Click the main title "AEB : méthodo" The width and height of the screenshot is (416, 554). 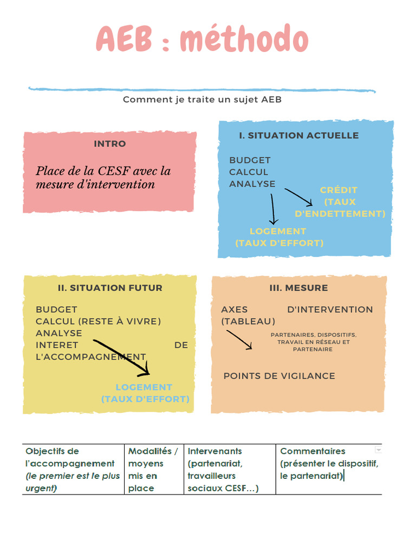point(202,39)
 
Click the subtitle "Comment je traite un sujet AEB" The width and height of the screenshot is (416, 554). point(202,100)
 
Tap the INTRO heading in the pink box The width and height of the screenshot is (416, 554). point(110,144)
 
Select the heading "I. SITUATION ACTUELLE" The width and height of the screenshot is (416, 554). point(299,135)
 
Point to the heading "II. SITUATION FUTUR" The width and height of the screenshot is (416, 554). point(110,288)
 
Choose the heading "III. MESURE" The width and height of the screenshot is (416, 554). point(299,288)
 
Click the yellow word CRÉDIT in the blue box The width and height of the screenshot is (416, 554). point(339,190)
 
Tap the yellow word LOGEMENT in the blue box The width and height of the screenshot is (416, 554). point(278,231)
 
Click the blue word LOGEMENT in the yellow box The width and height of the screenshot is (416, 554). point(144,387)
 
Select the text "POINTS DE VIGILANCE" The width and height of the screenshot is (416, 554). point(279,376)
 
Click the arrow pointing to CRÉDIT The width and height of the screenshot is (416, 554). point(299,196)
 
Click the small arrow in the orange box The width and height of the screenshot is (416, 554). point(239,339)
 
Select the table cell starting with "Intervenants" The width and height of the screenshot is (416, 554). point(229,469)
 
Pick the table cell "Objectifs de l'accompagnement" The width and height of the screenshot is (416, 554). point(73,469)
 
